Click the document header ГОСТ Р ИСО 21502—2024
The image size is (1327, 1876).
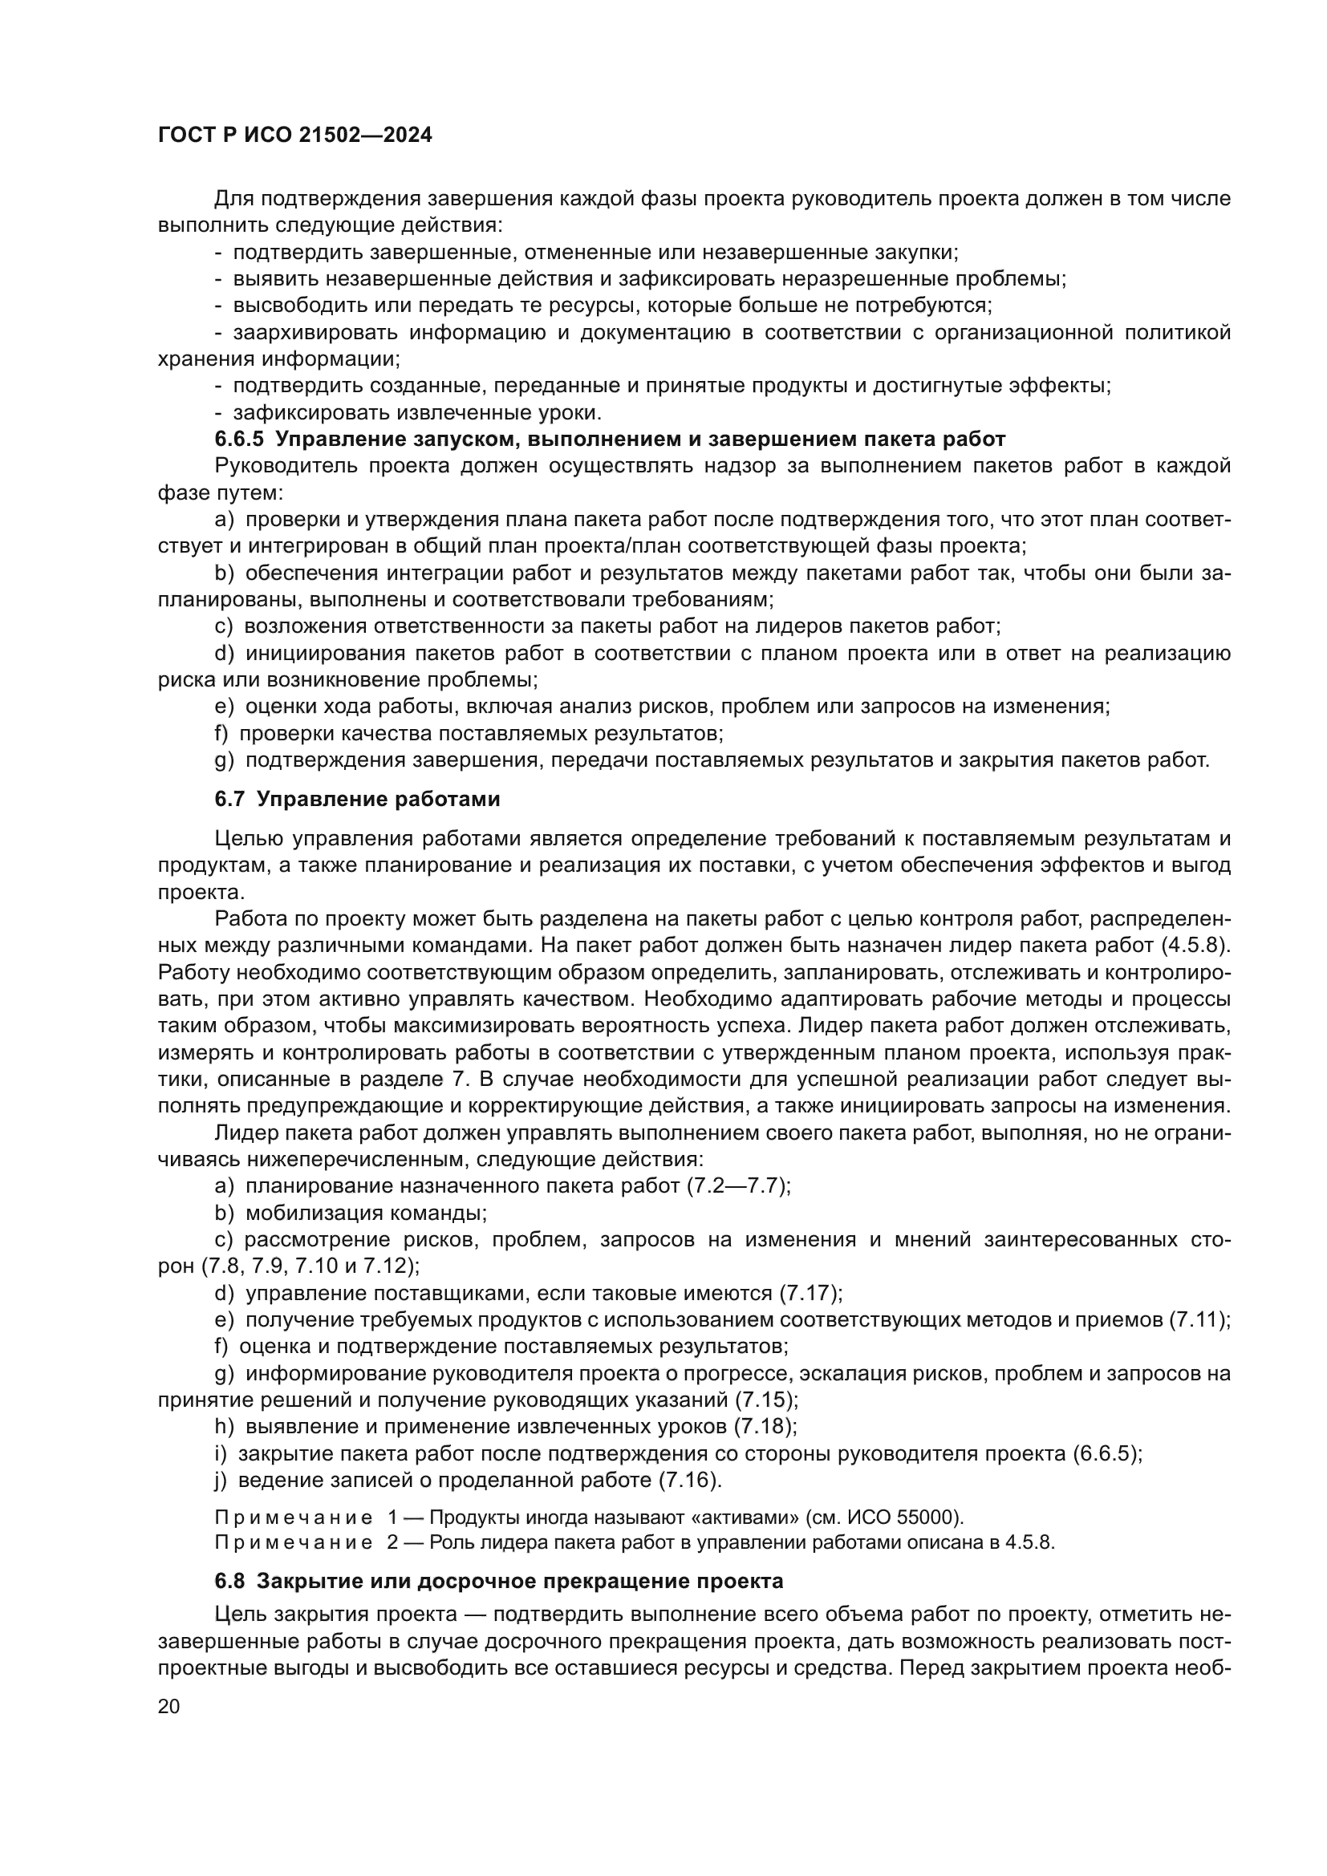295,136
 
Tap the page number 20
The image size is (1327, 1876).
169,1706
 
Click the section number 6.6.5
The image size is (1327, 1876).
239,440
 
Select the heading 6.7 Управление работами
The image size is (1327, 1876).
357,799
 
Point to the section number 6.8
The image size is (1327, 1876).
229,1581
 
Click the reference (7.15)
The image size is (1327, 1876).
765,1400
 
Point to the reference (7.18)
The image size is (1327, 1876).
765,1427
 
